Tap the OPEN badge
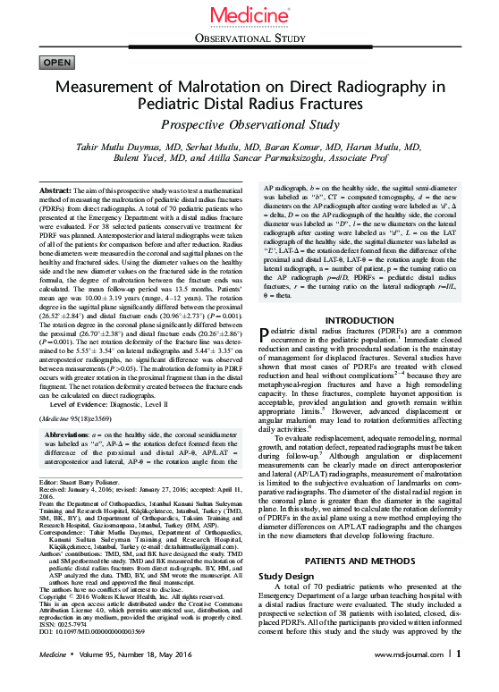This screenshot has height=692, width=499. coord(57,62)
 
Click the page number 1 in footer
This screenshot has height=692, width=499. coord(458,678)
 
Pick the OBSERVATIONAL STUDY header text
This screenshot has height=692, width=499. coord(249,38)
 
